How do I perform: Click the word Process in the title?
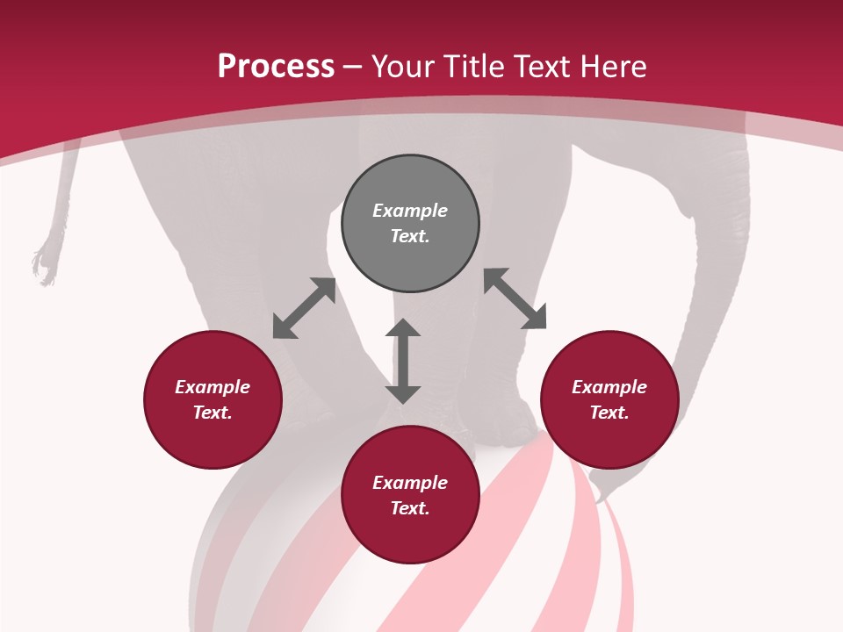276,67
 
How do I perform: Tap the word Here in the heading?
612,67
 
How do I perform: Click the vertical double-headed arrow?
403,361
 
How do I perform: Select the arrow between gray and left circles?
304,308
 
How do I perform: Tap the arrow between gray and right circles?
515,299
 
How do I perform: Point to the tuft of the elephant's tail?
44,264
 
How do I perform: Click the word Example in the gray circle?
410,211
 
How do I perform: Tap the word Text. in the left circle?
213,413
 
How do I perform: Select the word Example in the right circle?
609,387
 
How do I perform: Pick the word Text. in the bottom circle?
410,508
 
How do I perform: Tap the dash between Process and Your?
352,68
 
